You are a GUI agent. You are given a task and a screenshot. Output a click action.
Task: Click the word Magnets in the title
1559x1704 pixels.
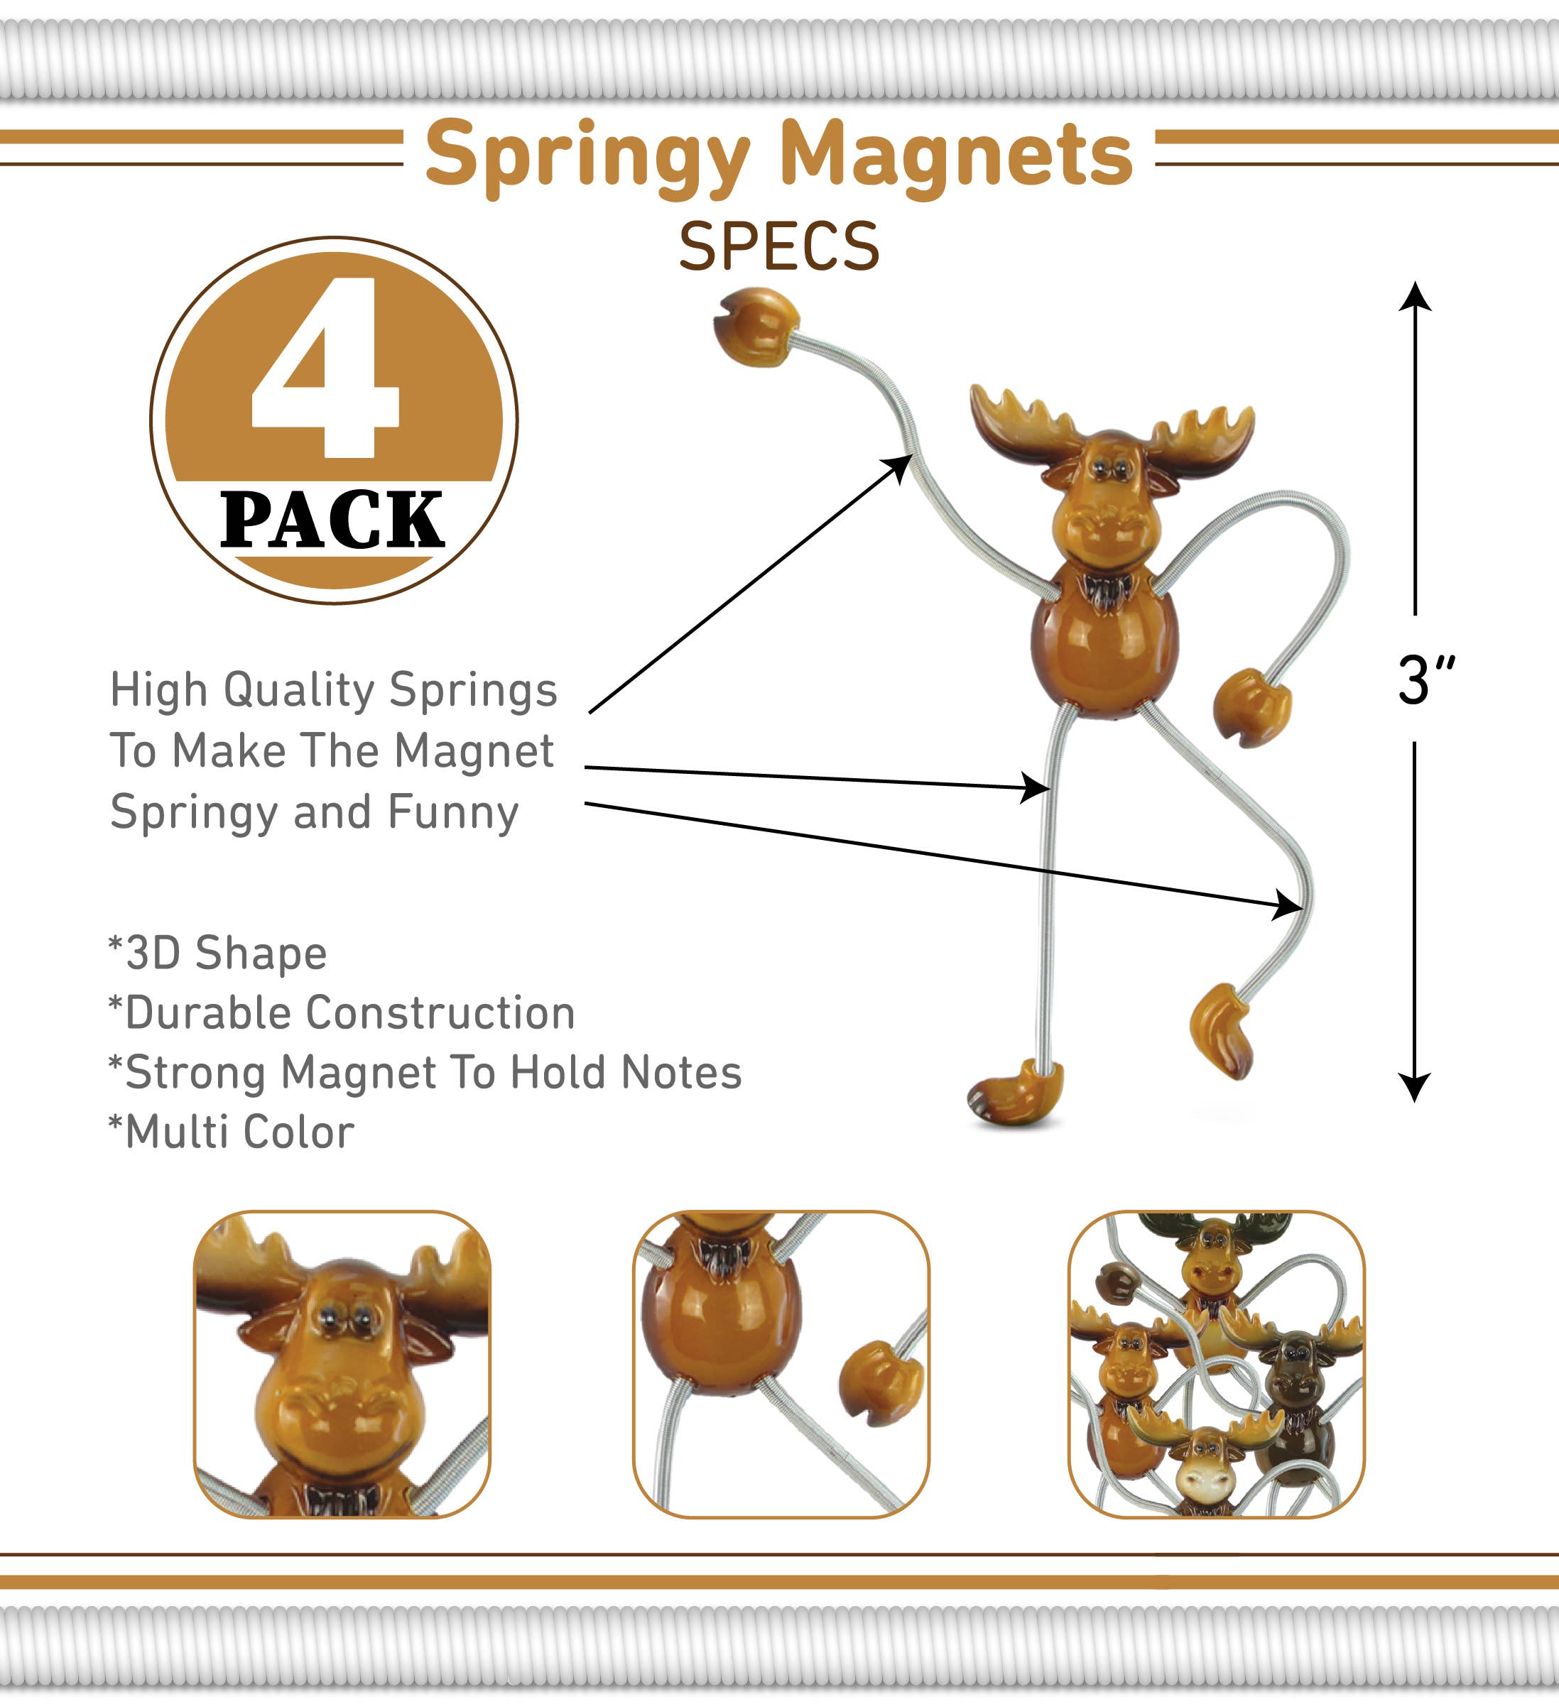[955, 155]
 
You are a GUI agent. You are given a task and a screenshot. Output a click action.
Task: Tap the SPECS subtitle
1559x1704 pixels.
[778, 247]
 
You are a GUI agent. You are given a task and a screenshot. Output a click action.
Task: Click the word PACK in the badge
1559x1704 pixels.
[332, 520]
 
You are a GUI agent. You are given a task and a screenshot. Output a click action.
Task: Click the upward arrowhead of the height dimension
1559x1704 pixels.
[1414, 296]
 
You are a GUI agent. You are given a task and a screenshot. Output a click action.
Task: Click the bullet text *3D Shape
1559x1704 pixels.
[218, 954]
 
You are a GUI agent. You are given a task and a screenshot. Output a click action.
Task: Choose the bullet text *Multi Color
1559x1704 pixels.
[232, 1132]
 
